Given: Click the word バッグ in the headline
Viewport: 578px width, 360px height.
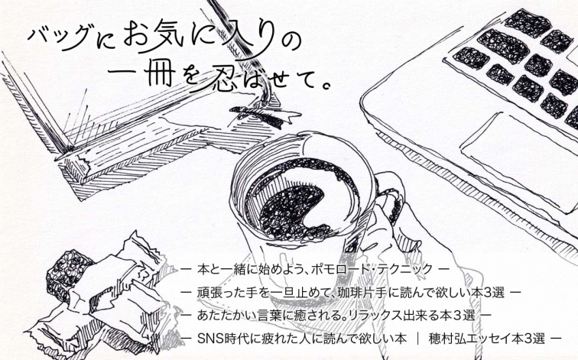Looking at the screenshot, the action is (x=59, y=37).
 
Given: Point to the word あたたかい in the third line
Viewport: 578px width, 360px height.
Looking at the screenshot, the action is (x=221, y=316).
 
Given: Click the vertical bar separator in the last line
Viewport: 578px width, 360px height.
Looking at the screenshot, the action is (x=417, y=339).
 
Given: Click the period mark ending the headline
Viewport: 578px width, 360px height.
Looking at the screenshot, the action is (x=325, y=86).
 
